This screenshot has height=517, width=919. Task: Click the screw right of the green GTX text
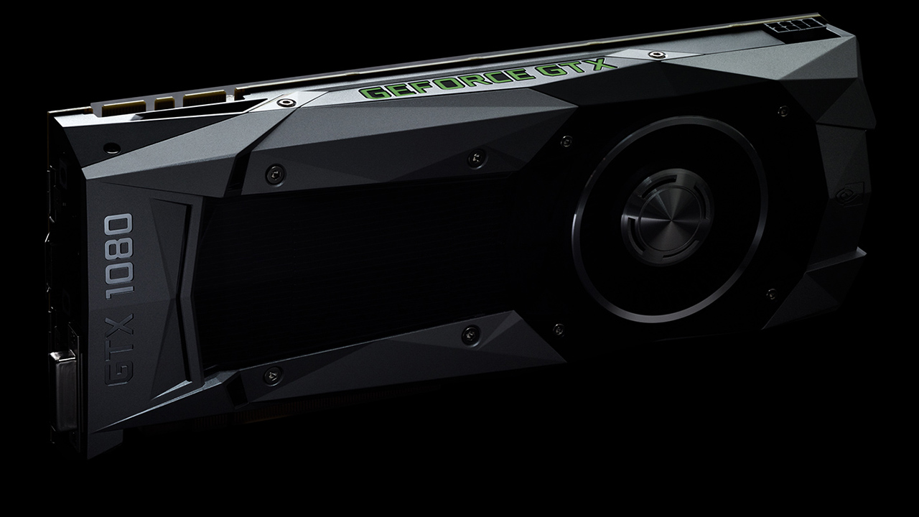click(x=653, y=55)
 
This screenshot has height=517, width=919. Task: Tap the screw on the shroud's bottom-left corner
click(x=274, y=374)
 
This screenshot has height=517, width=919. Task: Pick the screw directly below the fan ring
click(x=557, y=330)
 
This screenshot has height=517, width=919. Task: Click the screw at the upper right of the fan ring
click(x=783, y=111)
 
